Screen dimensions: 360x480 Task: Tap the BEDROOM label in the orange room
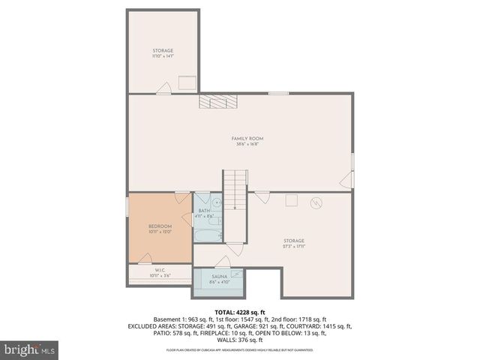[x=160, y=226]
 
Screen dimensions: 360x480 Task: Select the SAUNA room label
[x=220, y=277]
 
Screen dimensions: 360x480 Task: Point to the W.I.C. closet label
[x=160, y=270]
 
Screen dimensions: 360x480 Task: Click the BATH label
[x=204, y=211]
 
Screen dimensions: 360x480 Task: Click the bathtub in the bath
[x=205, y=235]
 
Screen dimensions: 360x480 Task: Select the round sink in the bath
[x=217, y=202]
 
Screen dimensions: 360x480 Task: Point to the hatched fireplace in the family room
[x=217, y=103]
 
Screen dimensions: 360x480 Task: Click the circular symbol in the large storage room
[x=316, y=202]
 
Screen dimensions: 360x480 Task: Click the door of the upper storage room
[x=163, y=88]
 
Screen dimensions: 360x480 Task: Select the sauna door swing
[x=222, y=262]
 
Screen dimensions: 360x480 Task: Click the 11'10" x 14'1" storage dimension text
[x=163, y=56]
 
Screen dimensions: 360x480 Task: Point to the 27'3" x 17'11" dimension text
[x=294, y=246]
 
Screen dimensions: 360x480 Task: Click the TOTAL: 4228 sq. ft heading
[x=240, y=312]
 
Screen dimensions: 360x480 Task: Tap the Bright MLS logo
[x=29, y=349]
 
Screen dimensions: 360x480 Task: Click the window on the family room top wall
[x=278, y=93]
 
